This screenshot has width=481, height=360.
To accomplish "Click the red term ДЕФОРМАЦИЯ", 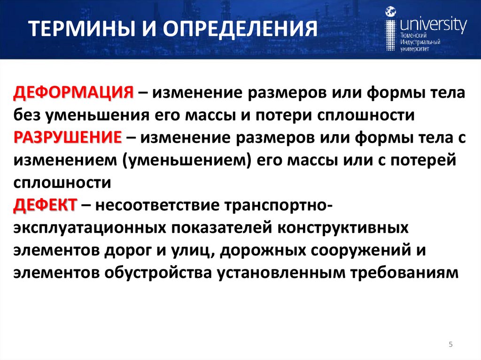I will [73, 92].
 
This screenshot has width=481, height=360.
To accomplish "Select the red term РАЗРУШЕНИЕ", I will [68, 138].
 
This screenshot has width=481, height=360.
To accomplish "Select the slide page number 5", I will [450, 345].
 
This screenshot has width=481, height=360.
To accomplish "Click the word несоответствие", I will [160, 206].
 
